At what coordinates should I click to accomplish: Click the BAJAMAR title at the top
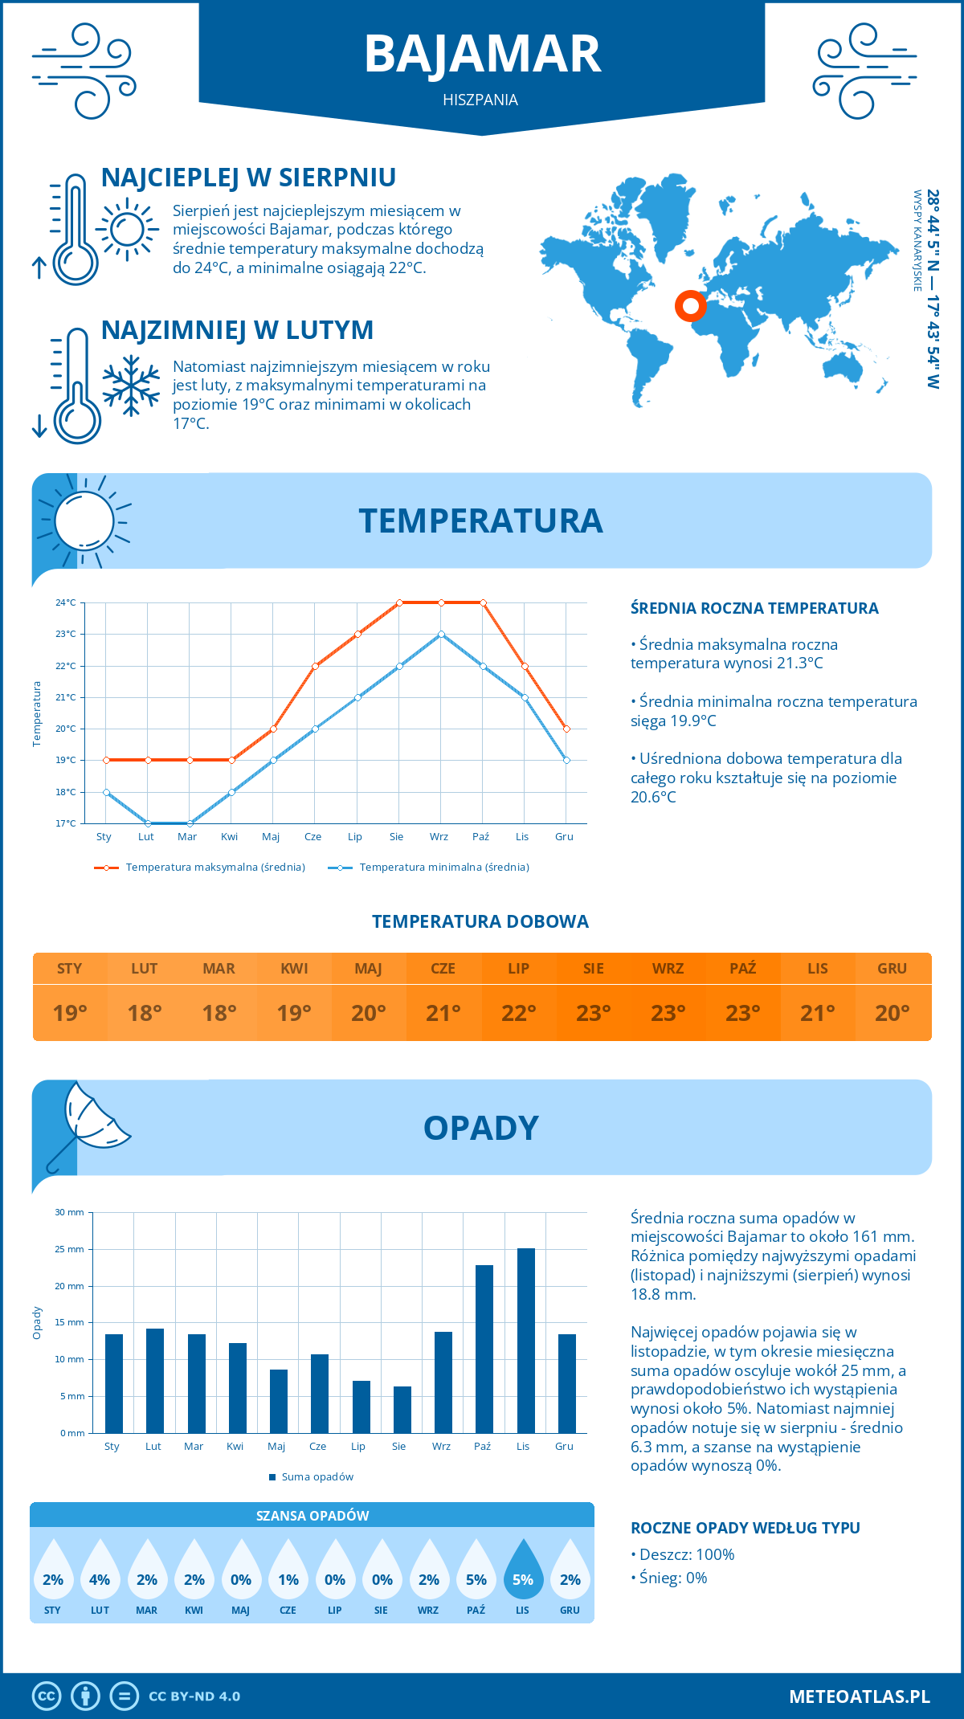[x=482, y=55]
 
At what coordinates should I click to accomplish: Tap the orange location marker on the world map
[x=690, y=305]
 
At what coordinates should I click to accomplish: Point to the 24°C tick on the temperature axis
[x=66, y=602]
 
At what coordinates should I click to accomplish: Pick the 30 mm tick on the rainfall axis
[x=70, y=1212]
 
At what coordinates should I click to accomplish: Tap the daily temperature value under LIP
[x=518, y=1013]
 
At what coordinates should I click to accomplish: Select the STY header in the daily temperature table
[x=70, y=968]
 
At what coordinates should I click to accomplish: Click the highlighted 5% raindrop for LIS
[x=523, y=1569]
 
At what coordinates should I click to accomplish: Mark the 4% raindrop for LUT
[x=100, y=1569]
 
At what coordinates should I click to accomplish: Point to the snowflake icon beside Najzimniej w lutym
[x=131, y=386]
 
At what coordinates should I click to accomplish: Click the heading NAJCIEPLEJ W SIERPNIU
[x=248, y=178]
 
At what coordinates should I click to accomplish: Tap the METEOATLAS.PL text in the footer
[x=859, y=1697]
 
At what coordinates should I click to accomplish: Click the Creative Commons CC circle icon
[x=47, y=1697]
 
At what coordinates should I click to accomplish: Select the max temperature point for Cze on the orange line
[x=316, y=666]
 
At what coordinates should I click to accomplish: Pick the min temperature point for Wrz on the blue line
[x=441, y=635]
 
